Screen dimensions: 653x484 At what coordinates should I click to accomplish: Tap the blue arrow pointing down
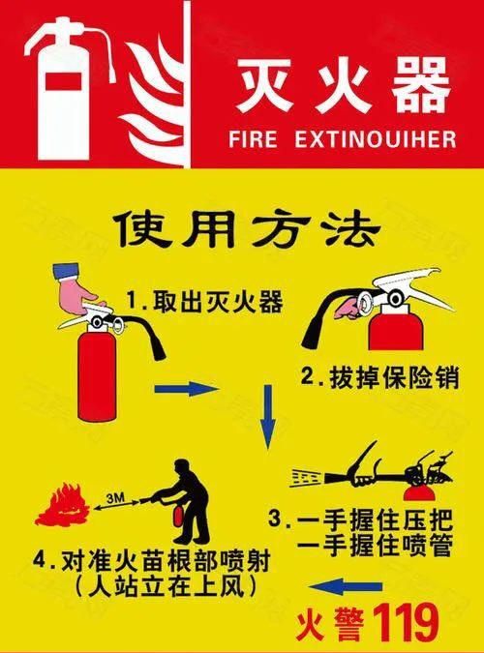pos(270,415)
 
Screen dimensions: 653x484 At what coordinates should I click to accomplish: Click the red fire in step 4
pos(62,506)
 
